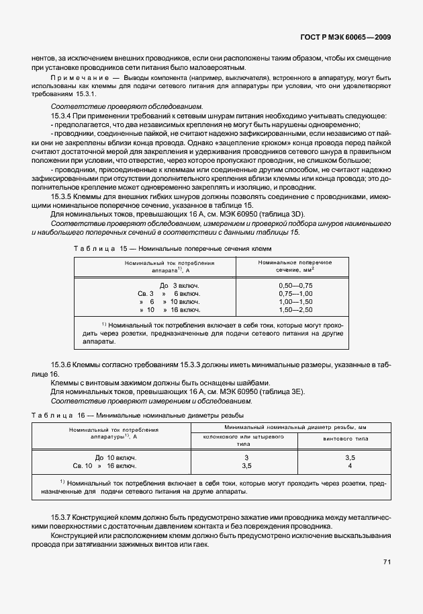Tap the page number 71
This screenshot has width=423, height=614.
[387, 562]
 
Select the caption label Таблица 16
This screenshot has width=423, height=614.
[49, 416]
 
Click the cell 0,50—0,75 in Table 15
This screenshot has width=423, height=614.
[295, 286]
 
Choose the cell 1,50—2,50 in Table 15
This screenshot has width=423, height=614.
[295, 310]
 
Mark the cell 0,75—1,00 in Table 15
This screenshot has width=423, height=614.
[295, 294]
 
